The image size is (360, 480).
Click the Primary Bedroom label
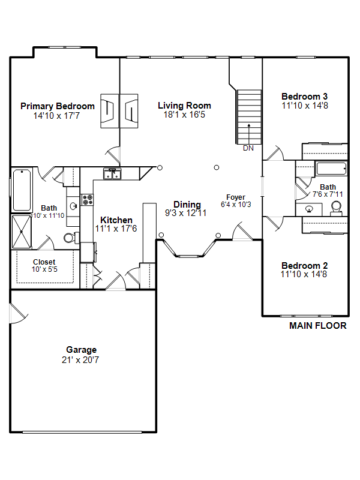58,106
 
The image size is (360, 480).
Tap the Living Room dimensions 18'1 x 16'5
184,115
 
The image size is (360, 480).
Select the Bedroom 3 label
305,97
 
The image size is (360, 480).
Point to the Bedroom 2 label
305,265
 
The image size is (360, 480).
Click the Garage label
82,350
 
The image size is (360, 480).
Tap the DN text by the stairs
248,148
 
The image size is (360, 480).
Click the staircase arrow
249,133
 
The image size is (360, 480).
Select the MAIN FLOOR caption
318,326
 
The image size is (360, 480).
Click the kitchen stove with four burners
87,200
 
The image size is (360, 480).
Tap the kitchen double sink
112,174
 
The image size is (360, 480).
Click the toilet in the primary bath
71,238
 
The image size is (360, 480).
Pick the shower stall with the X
22,232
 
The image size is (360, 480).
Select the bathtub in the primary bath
22,190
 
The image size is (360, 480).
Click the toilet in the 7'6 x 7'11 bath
336,208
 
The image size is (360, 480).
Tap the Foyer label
236,197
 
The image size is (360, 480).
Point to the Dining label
187,205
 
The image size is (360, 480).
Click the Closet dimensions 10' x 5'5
44,269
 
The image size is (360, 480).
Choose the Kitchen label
116,220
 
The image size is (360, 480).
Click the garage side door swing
19,313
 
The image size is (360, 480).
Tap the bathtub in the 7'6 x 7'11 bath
331,169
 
